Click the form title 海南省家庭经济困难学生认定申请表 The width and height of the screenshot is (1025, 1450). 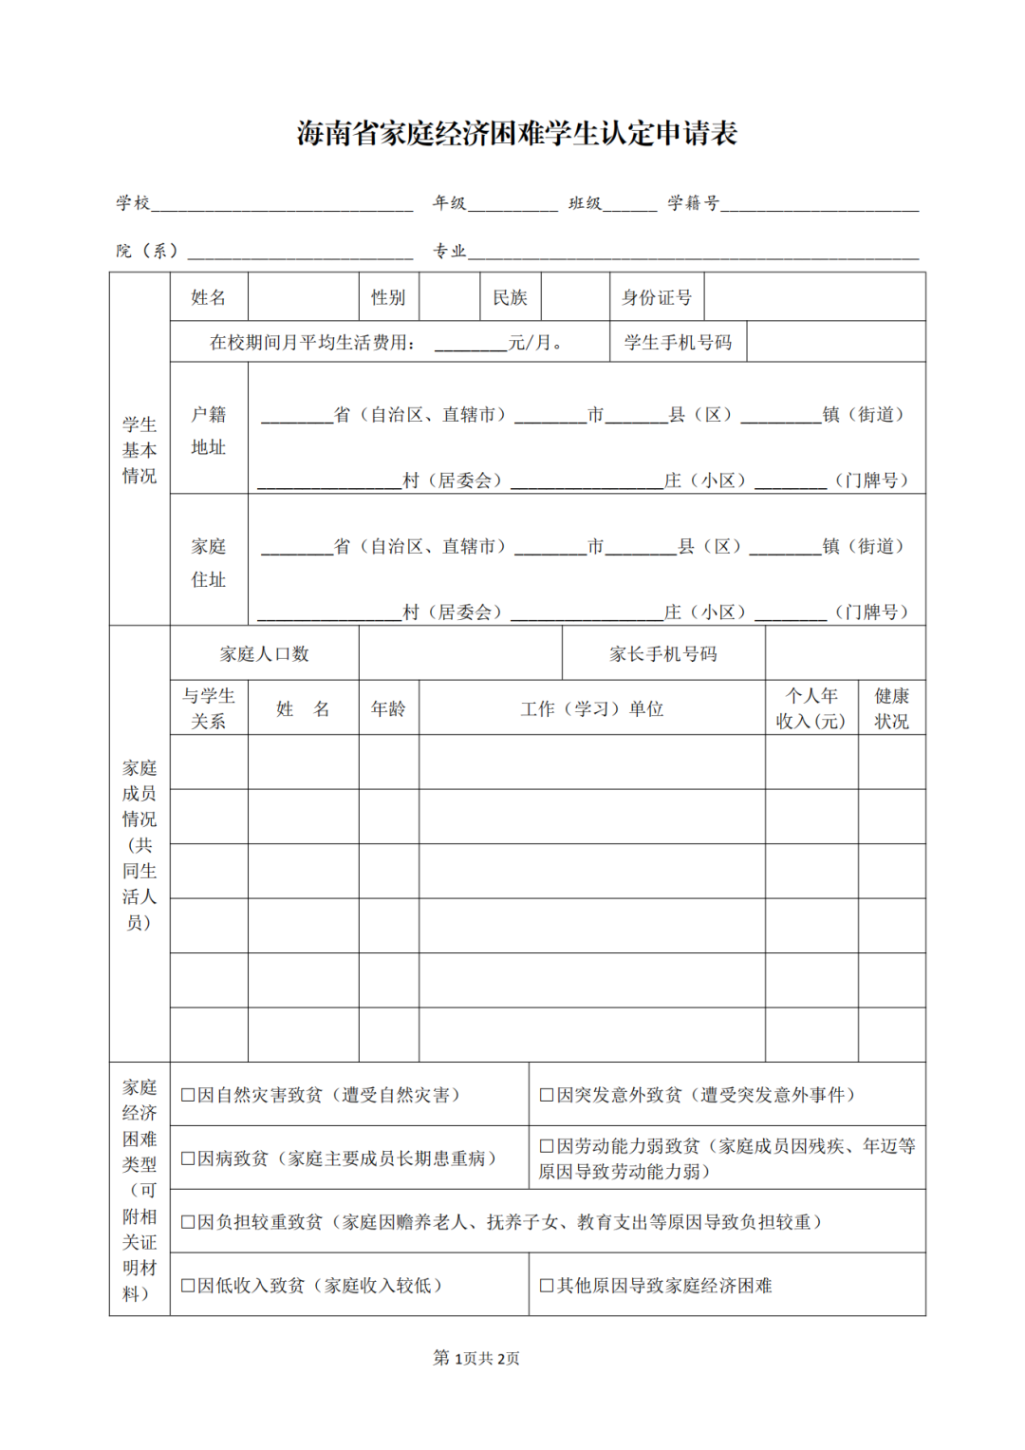(x=516, y=133)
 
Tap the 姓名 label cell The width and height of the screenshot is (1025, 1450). (x=209, y=297)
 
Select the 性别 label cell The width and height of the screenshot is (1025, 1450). (x=388, y=297)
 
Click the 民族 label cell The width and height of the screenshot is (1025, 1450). (x=510, y=297)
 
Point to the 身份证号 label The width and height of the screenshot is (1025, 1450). (x=657, y=297)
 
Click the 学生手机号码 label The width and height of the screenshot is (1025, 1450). (x=678, y=342)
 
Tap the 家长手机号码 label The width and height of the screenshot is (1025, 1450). (x=663, y=653)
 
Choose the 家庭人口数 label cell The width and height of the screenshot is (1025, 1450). (x=264, y=653)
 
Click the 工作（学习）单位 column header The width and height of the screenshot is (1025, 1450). (x=592, y=708)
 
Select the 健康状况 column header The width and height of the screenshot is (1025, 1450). (x=891, y=708)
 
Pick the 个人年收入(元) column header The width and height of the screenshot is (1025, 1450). (x=811, y=708)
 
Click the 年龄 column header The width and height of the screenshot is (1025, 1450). (x=388, y=708)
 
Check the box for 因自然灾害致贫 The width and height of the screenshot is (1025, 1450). (x=188, y=1095)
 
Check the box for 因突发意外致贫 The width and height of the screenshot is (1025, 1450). (x=547, y=1095)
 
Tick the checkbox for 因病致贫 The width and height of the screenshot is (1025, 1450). (x=188, y=1158)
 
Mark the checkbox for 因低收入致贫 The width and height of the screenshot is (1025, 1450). (x=188, y=1286)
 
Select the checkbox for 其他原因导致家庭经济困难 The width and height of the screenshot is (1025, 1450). (x=547, y=1286)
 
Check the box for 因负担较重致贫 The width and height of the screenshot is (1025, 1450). (x=188, y=1222)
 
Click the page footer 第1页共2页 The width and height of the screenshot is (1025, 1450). (x=476, y=1358)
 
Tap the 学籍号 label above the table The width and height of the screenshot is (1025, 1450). (x=693, y=202)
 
